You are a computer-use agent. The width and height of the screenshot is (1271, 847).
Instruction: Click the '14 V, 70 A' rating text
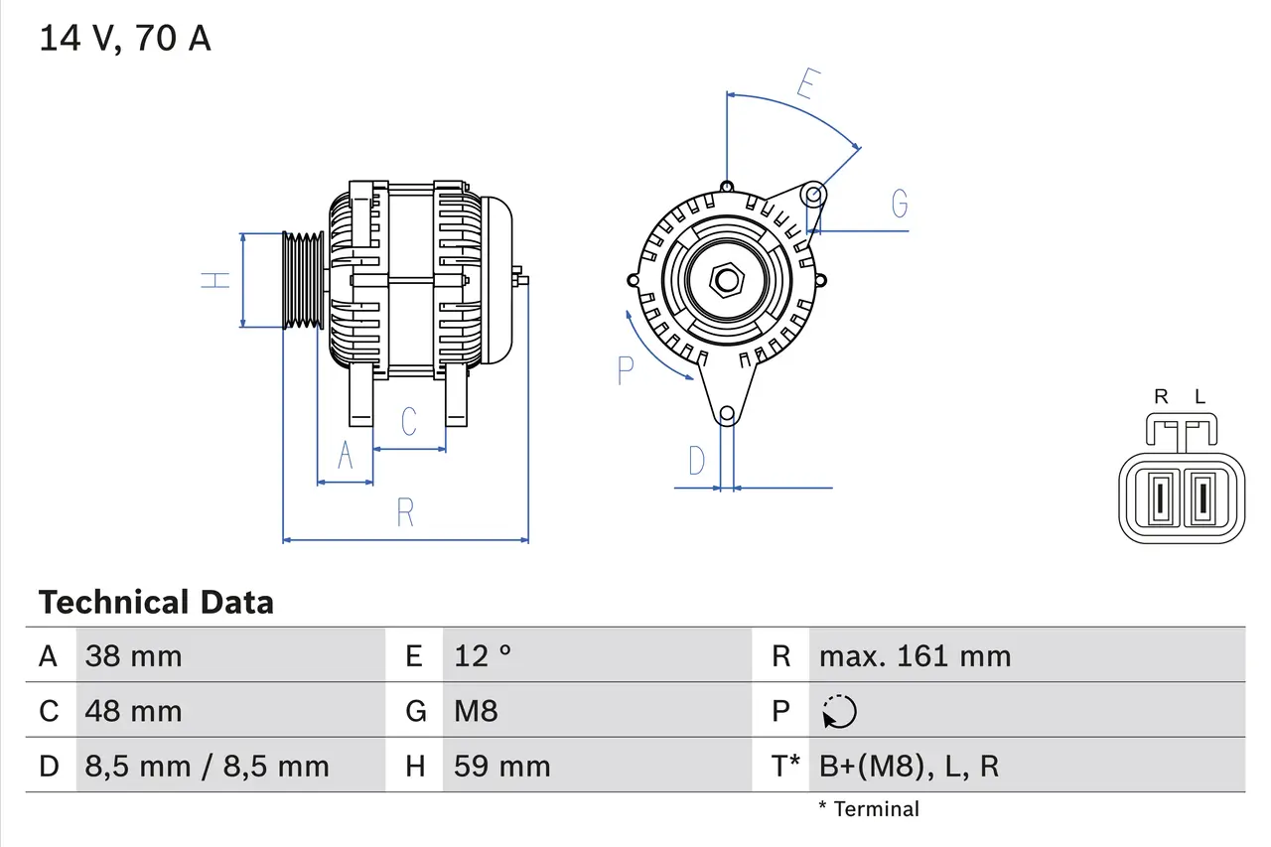tap(125, 39)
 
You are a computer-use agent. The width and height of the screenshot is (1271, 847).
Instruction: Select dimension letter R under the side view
tap(405, 513)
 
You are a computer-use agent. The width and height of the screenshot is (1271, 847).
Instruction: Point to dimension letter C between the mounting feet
tap(408, 421)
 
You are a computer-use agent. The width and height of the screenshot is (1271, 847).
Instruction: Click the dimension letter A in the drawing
tap(346, 455)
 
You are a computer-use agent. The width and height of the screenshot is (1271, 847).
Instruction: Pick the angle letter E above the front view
tap(806, 85)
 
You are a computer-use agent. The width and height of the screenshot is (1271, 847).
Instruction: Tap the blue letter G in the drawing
tap(900, 204)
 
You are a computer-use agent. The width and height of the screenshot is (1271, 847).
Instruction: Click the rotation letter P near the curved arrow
tap(625, 370)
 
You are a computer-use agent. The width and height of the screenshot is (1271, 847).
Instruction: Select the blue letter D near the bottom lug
tap(697, 461)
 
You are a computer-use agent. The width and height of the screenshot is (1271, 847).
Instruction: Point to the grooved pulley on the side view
tap(303, 280)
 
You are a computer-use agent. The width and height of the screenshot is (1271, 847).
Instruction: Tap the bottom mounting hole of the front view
tap(727, 413)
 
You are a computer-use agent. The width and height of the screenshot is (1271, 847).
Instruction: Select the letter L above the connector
tap(1200, 397)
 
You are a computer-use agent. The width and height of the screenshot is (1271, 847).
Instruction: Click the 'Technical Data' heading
tap(156, 602)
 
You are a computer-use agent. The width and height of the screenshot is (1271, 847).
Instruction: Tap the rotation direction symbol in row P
tap(839, 711)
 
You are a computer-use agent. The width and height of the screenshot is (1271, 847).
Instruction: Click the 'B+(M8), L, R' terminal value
tap(909, 766)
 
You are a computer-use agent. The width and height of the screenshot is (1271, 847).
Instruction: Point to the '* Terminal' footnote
tap(869, 808)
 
